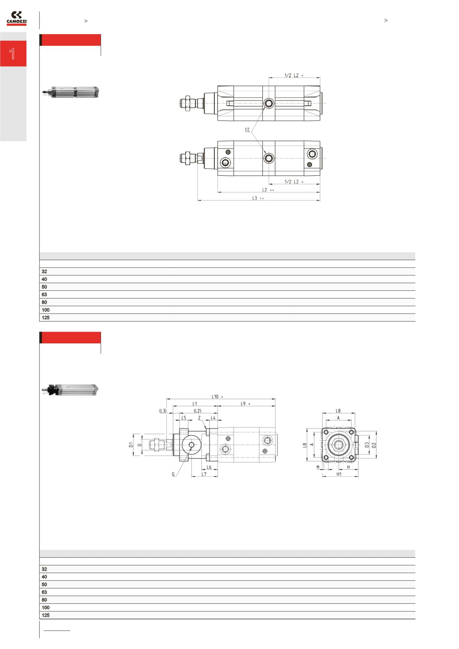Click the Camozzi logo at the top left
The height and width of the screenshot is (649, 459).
click(x=17, y=18)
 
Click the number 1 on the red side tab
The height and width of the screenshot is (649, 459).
click(x=12, y=54)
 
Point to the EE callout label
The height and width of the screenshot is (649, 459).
click(x=248, y=130)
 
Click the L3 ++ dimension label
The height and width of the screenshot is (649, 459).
click(x=258, y=198)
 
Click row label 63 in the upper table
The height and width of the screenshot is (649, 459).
click(x=44, y=295)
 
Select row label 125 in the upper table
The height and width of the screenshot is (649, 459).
click(x=46, y=318)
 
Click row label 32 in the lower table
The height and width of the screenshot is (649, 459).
click(x=44, y=569)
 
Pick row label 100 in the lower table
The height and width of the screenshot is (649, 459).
click(x=46, y=608)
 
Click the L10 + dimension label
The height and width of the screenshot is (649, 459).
click(x=217, y=396)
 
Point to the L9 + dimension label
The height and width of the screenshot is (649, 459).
click(x=245, y=404)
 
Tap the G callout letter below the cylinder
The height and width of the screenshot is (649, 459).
click(x=173, y=474)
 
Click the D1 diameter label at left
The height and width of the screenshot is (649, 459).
click(x=130, y=445)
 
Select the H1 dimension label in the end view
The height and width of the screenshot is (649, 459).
click(x=339, y=474)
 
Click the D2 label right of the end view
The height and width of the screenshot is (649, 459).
click(x=374, y=445)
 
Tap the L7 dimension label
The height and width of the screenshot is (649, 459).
click(x=204, y=474)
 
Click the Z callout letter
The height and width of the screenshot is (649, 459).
click(x=199, y=418)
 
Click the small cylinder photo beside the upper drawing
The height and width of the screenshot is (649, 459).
click(x=71, y=91)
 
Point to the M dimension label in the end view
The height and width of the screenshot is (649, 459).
click(x=318, y=467)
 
